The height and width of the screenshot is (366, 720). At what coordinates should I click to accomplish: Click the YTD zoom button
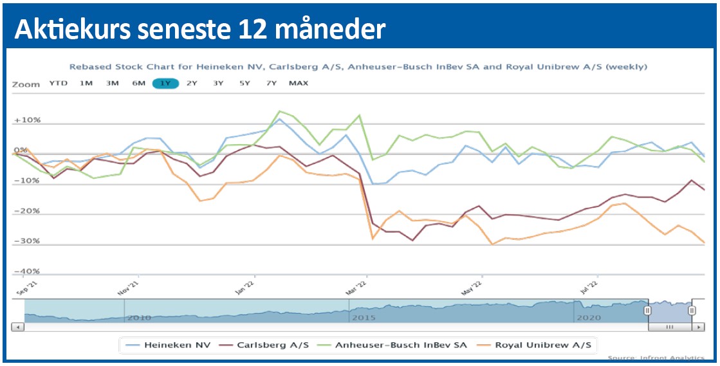(x=58, y=83)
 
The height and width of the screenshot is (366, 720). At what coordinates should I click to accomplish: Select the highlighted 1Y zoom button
(x=165, y=83)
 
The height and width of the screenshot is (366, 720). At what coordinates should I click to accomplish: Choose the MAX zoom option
(x=299, y=83)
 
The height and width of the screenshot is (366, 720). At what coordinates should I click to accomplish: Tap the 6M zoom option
(x=139, y=83)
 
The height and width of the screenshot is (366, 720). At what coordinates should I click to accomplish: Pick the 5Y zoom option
(x=245, y=83)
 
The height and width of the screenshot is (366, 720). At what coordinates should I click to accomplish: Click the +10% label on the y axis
(x=27, y=120)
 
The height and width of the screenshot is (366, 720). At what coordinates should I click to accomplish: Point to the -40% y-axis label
(x=27, y=271)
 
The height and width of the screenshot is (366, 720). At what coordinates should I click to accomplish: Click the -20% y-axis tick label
(x=27, y=211)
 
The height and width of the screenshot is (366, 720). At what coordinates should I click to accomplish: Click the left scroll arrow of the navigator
(x=18, y=327)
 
